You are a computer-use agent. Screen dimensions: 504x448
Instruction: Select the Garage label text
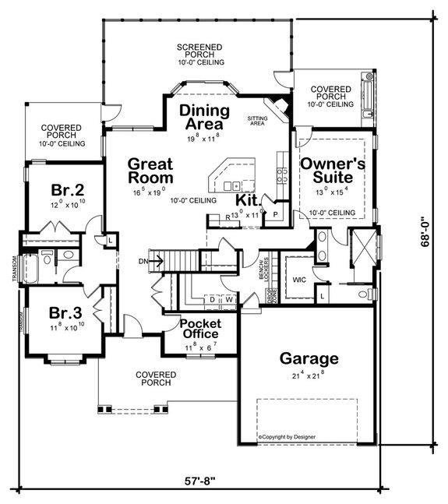coord(310,359)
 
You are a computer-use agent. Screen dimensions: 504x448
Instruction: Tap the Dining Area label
coord(202,117)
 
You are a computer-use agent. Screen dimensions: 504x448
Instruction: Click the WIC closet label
coord(298,278)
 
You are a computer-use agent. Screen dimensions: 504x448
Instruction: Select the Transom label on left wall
coord(14,267)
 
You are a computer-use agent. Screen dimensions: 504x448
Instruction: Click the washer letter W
coord(229,298)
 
